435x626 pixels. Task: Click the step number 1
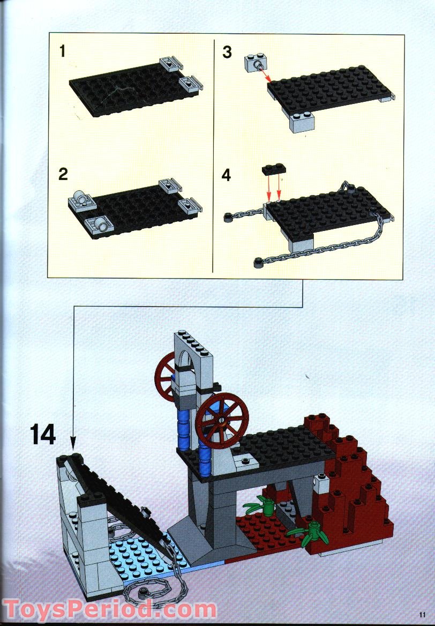pos(63,51)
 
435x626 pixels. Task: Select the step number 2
pos(63,174)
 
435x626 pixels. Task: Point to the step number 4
pos(227,175)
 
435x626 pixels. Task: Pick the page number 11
pos(423,615)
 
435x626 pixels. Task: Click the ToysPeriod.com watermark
pos(110,610)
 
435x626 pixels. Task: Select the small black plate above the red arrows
pos(274,169)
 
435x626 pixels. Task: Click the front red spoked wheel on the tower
pos(222,420)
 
